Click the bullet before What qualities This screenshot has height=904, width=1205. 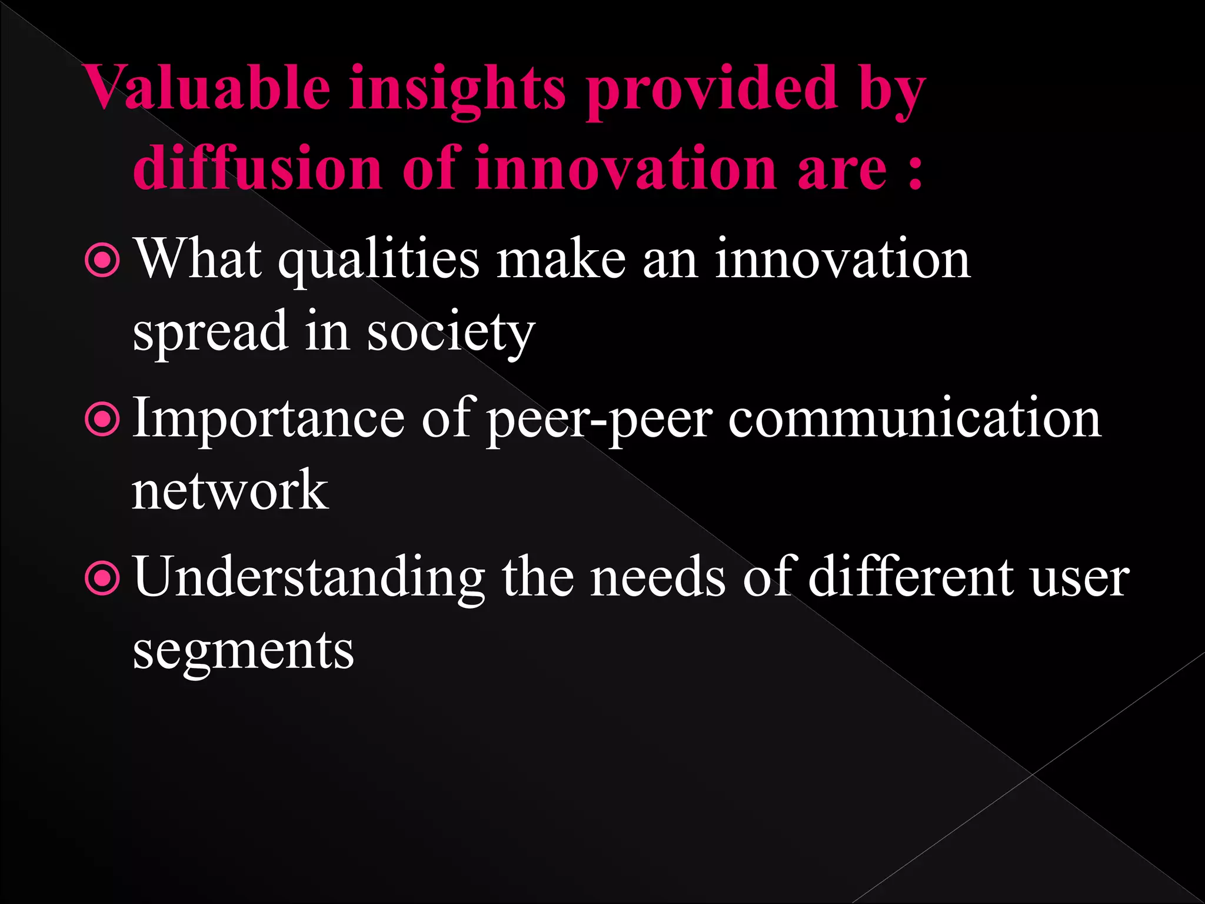102,260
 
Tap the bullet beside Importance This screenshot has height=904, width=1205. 102,419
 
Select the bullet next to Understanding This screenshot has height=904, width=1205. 102,579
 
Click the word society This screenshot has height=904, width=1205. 451,333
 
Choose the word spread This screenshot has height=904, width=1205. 210,332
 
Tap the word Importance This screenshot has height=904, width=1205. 268,419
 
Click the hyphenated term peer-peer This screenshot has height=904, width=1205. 600,420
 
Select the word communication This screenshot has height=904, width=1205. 914,419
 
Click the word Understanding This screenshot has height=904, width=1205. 309,578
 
